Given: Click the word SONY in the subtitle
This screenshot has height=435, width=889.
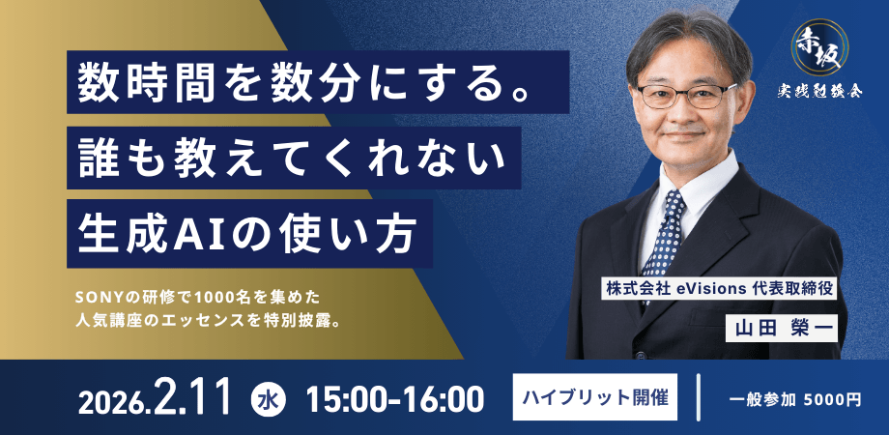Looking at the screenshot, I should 93,293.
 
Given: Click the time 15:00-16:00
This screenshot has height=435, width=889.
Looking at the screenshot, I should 394,398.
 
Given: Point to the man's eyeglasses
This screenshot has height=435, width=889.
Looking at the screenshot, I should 685,95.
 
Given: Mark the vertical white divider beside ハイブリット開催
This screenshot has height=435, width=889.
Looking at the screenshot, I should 698,397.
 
